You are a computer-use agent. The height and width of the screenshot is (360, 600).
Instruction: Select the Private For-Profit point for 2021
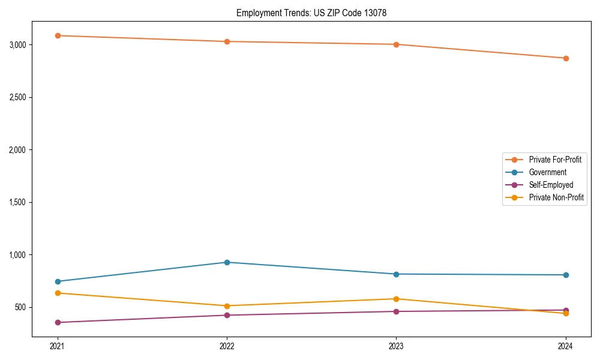(x=58, y=35)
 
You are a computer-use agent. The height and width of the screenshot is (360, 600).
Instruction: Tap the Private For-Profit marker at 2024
(x=566, y=58)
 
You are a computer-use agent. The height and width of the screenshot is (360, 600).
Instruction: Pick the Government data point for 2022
(x=227, y=262)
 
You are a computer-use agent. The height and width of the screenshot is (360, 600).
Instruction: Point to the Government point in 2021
(x=58, y=281)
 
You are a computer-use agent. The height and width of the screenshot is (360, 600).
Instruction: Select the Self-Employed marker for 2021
(x=58, y=322)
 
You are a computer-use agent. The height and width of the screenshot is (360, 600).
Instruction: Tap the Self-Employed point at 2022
(x=227, y=315)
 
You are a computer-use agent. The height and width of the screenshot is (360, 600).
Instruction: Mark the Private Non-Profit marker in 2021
(x=58, y=293)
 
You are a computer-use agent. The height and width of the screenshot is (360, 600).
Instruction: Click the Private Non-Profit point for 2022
(x=227, y=306)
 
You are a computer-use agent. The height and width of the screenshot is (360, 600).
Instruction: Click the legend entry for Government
(x=547, y=172)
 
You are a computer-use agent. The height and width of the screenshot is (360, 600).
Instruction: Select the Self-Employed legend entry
(x=551, y=185)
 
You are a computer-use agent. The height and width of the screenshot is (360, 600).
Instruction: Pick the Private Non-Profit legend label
(x=556, y=197)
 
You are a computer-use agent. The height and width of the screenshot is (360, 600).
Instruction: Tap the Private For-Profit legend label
(x=555, y=160)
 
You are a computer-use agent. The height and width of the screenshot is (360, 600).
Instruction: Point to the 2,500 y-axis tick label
(x=18, y=97)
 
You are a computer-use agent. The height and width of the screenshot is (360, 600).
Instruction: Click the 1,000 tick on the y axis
(x=18, y=254)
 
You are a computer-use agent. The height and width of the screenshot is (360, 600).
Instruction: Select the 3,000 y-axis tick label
(x=18, y=44)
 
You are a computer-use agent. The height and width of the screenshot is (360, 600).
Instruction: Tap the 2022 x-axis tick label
(x=227, y=346)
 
